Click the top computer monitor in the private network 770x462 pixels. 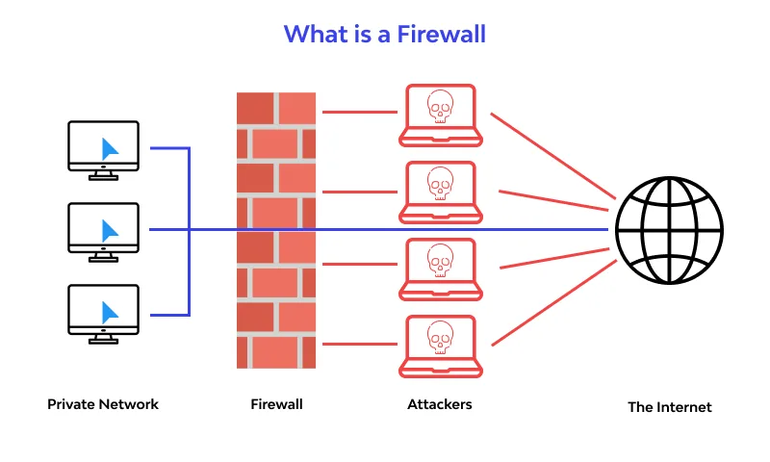(104, 147)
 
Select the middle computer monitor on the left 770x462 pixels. (104, 229)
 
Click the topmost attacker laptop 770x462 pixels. (440, 115)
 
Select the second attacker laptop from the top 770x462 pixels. (440, 191)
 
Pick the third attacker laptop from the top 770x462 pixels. (440, 267)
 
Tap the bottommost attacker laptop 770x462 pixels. (440, 344)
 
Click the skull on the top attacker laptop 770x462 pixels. (440, 107)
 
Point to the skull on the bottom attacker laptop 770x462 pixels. (440, 336)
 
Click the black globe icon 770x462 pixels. (669, 229)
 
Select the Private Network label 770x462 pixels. (103, 404)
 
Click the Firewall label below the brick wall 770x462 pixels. (276, 404)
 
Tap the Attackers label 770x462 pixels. (440, 404)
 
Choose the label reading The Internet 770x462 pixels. (670, 407)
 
